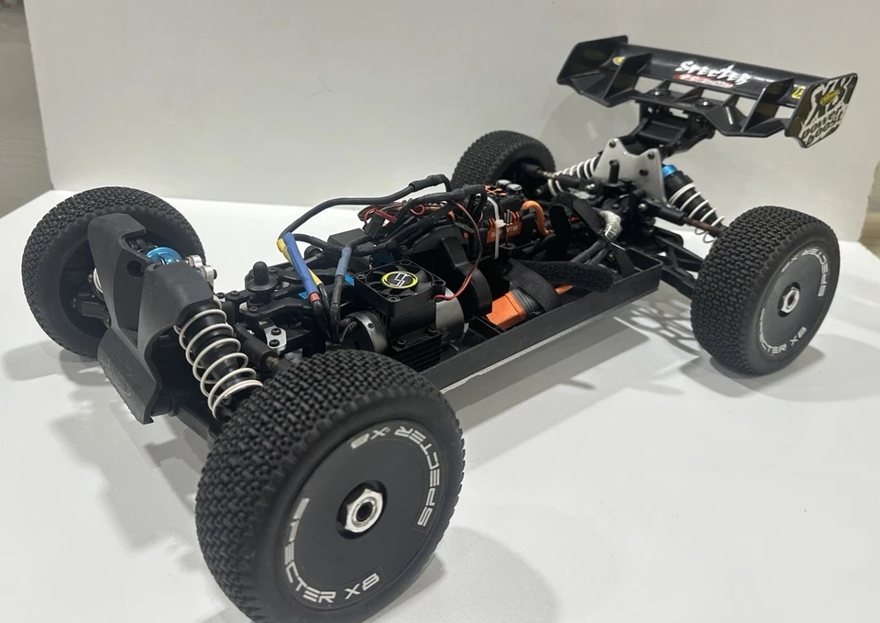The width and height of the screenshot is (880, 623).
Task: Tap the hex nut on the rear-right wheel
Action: tap(787, 297)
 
